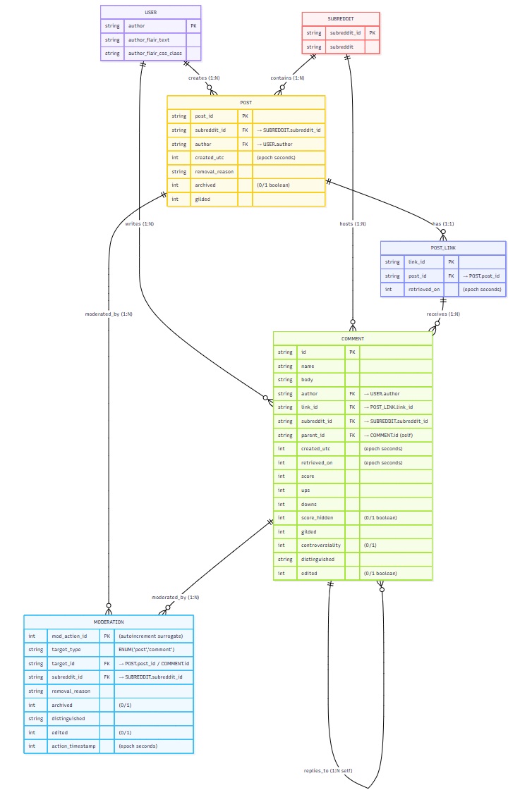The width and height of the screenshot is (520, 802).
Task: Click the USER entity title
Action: click(x=150, y=12)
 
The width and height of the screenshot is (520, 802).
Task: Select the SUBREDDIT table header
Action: click(x=341, y=18)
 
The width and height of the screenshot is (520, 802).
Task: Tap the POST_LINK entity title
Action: click(x=443, y=248)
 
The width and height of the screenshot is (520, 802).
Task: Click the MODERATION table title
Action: click(x=109, y=622)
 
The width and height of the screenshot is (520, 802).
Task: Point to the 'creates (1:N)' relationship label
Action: click(x=203, y=78)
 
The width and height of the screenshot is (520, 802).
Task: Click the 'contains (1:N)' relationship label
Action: click(x=287, y=78)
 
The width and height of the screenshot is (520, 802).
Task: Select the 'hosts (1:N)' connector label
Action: click(x=352, y=223)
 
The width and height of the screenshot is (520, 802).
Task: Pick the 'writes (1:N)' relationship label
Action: click(x=139, y=223)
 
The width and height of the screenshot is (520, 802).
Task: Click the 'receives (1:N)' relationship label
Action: click(x=443, y=314)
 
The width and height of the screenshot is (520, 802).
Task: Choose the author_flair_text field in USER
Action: click(x=148, y=39)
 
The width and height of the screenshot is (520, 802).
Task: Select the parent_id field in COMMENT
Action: click(x=313, y=435)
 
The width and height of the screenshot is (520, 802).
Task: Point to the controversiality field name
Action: click(x=320, y=545)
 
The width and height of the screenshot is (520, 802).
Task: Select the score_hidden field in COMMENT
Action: click(x=316, y=517)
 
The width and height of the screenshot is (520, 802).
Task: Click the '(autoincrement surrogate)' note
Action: click(x=150, y=635)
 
